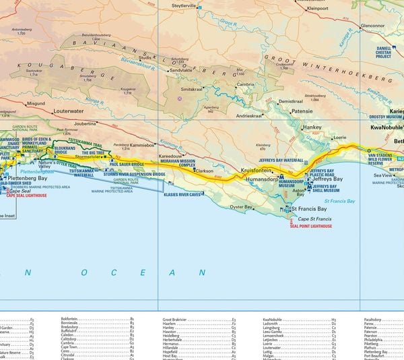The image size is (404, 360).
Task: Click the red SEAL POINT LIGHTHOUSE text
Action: tap(310, 226)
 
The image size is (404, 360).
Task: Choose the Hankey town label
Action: tap(312, 127)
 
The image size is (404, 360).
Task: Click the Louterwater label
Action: tap(67, 110)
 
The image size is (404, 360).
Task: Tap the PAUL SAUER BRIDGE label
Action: tap(127, 163)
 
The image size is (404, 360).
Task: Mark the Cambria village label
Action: tap(245, 84)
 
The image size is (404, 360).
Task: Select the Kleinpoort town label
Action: tap(322, 9)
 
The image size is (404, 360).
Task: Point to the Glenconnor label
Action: tap(372, 26)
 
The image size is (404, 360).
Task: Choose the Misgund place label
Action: tap(36, 104)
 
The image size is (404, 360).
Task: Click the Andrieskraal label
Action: tap(248, 115)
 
